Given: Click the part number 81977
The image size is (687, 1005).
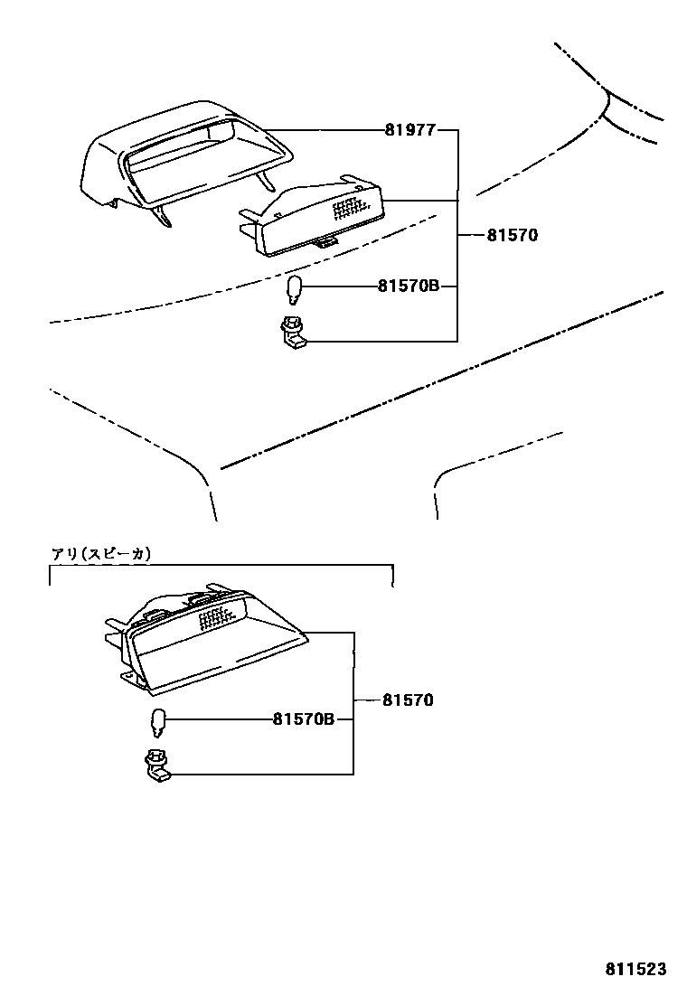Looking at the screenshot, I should click(x=409, y=130).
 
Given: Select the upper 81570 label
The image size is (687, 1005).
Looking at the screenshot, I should click(x=512, y=235).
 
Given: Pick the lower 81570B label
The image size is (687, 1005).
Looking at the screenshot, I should click(x=304, y=719).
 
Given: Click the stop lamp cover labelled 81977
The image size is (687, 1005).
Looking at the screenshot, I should click(x=181, y=163).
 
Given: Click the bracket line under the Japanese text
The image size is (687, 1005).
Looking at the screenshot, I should click(x=221, y=567).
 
